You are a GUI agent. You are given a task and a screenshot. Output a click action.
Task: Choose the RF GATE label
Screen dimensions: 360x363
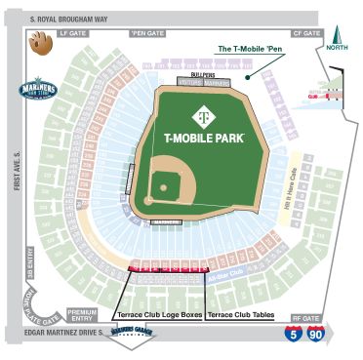click(x=305, y=318)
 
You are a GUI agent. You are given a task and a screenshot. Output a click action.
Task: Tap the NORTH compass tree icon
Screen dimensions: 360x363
click(x=339, y=38)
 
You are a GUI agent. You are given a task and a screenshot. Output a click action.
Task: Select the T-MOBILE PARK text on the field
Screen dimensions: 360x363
click(x=204, y=138)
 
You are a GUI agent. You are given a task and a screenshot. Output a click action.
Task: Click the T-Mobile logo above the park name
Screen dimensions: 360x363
click(x=203, y=115)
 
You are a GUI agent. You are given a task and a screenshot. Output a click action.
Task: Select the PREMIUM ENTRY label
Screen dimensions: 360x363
click(x=81, y=316)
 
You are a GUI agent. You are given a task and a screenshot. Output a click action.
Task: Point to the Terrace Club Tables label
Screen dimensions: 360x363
click(x=242, y=315)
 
